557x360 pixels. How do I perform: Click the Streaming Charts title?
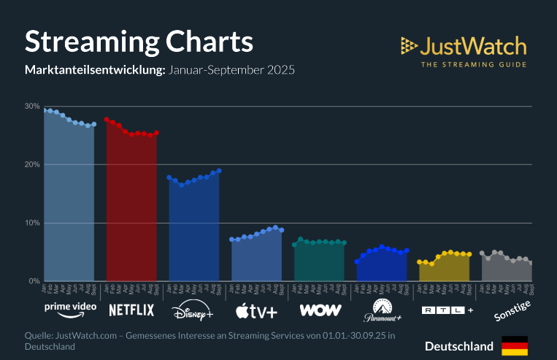(139, 42)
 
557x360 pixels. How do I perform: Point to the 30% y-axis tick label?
(31, 106)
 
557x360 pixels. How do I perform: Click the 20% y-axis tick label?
(31, 164)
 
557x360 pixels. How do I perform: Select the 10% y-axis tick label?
(31, 223)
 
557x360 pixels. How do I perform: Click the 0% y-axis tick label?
(34, 281)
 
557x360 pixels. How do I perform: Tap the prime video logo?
(70, 309)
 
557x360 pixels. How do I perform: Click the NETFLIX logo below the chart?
(131, 310)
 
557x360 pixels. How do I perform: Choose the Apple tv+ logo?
(256, 311)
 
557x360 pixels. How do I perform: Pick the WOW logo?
(320, 310)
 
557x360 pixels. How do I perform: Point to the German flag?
(515, 345)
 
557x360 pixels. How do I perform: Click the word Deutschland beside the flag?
(459, 345)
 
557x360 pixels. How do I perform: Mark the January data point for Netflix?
(107, 120)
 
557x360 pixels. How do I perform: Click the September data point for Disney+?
(219, 170)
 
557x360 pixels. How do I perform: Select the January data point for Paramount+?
(357, 261)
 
